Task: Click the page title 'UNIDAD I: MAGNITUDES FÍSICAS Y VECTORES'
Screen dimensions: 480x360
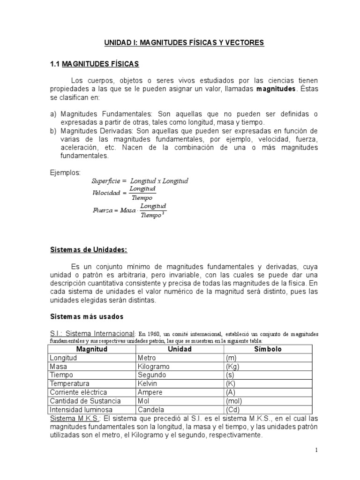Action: coord(184,43)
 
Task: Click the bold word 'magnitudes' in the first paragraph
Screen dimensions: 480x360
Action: coord(276,89)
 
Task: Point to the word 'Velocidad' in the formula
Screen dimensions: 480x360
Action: coord(106,193)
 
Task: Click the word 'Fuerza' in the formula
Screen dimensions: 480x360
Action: coord(104,210)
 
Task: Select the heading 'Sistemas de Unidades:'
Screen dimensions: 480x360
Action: coord(89,250)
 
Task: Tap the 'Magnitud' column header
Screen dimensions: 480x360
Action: coord(92,349)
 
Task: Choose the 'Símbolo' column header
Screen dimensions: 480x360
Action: coord(268,349)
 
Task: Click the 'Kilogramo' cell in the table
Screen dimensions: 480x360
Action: coord(154,367)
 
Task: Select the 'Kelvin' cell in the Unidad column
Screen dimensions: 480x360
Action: coord(148,383)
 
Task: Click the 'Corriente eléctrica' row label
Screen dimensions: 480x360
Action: coord(78,392)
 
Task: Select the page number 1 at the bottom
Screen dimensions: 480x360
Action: coord(316,450)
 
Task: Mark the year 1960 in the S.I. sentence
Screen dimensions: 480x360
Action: coord(158,334)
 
